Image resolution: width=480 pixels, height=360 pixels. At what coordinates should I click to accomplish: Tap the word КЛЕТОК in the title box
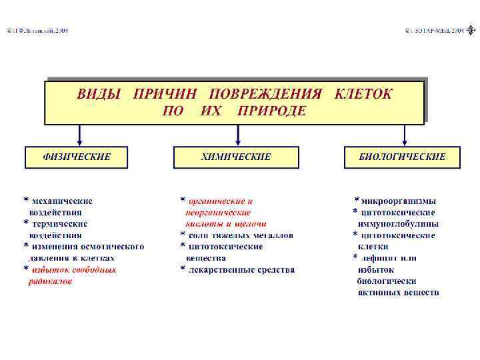pyautogui.click(x=363, y=94)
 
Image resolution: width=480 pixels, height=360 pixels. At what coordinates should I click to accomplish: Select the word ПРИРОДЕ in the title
pyautogui.click(x=271, y=111)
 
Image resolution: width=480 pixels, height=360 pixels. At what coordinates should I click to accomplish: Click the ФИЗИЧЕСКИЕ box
pyautogui.click(x=77, y=157)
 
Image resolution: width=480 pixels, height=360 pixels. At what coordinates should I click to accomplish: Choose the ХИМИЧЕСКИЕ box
pyautogui.click(x=236, y=157)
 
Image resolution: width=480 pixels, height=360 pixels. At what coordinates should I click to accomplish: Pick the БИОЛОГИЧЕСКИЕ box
pyautogui.click(x=402, y=157)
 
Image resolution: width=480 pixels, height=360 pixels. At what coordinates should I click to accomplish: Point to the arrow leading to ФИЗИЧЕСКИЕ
pyautogui.click(x=80, y=135)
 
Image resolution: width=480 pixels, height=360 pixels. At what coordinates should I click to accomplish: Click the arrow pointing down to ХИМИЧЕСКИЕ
pyautogui.click(x=239, y=135)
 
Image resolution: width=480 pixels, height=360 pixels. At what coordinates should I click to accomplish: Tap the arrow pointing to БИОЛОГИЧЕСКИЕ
pyautogui.click(x=405, y=135)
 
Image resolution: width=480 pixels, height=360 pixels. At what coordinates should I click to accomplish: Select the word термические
pyautogui.click(x=59, y=223)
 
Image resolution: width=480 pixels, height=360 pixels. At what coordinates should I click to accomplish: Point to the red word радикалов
pyautogui.click(x=50, y=281)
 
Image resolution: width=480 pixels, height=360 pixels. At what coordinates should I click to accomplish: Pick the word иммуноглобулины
pyautogui.click(x=398, y=223)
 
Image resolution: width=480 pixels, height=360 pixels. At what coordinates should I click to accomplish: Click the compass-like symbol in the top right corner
pyautogui.click(x=471, y=31)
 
